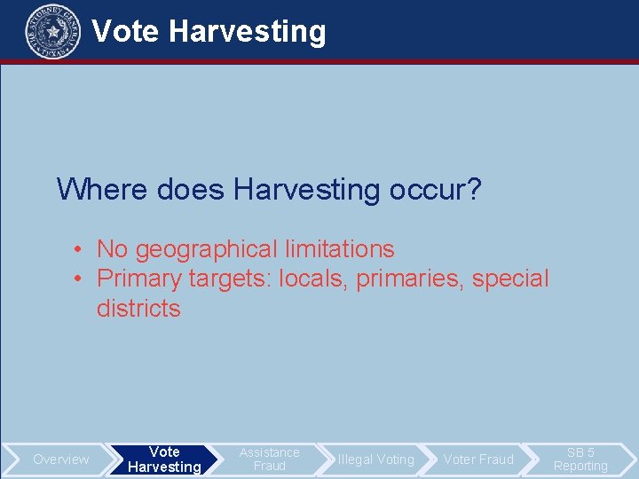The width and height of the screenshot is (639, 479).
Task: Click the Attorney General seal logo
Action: [53, 31]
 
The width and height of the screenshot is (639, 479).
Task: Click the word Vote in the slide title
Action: [126, 32]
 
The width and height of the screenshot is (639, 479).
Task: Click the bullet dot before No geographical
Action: [79, 250]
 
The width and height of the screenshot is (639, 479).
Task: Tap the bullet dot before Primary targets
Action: [79, 279]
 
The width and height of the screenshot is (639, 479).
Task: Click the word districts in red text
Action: [138, 309]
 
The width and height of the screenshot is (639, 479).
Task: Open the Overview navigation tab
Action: [61, 459]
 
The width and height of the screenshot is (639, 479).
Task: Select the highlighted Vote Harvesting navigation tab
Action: [164, 459]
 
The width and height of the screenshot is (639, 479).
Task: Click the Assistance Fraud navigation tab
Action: [269, 459]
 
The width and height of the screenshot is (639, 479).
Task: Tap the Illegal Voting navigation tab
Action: [375, 459]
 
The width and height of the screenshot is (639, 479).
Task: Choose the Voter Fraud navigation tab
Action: [478, 459]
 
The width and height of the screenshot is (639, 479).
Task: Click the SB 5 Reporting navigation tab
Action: [580, 459]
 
